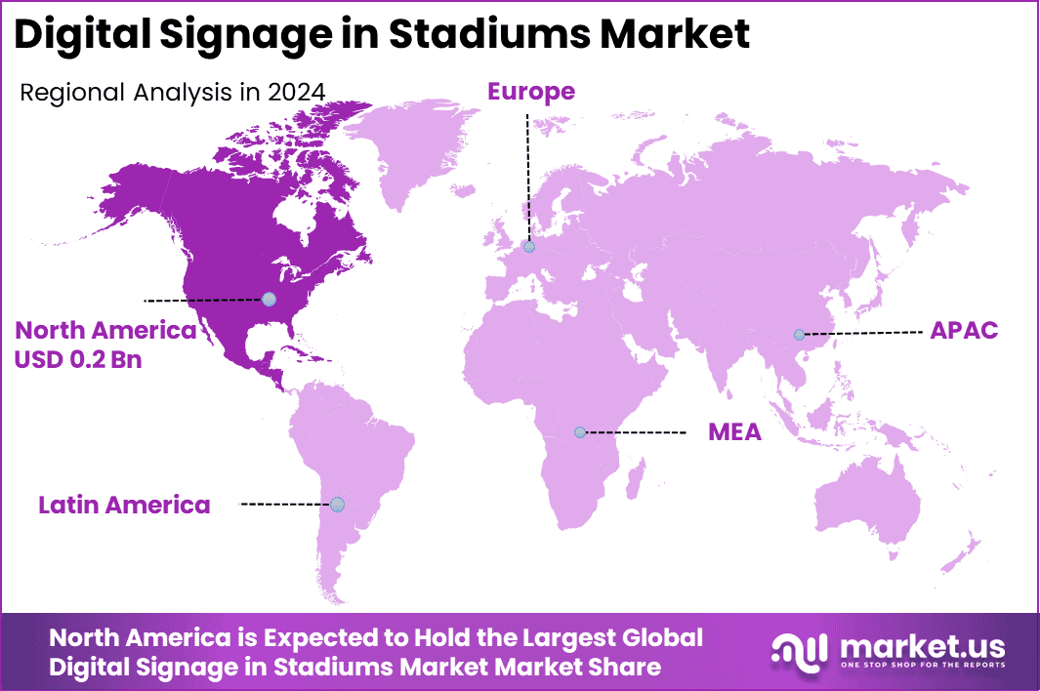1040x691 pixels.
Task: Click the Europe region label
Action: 531,92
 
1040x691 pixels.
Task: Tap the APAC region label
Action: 963,330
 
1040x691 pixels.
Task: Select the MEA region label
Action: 734,431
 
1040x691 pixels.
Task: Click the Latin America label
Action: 124,505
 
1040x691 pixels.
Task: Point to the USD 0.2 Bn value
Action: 78,359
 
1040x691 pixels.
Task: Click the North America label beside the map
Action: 105,330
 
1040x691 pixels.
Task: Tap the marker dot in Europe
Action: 529,247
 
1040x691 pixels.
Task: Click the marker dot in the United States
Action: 269,299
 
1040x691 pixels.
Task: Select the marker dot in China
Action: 799,335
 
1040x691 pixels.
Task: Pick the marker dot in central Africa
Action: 580,431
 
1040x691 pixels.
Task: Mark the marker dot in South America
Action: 337,504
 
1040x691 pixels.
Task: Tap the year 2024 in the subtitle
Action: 297,93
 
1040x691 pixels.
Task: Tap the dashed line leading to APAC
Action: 864,333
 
